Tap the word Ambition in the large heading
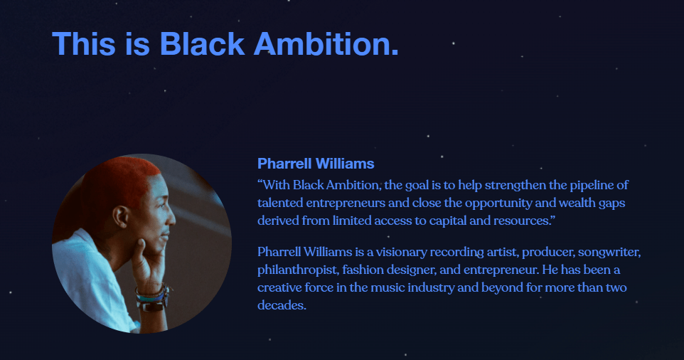(326, 44)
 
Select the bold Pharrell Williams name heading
(316, 164)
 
